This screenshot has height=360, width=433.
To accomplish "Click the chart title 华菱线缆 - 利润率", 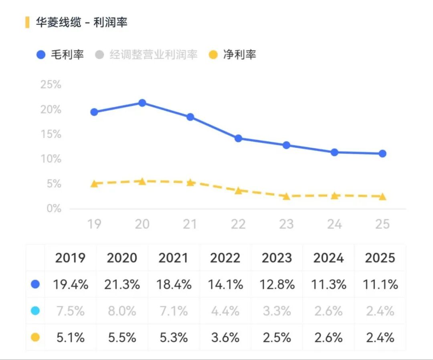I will click(81, 22).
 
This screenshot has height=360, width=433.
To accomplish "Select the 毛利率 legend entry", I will click(60, 55).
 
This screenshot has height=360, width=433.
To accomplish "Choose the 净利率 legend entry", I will click(233, 55).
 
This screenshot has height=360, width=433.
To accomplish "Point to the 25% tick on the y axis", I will click(51, 85).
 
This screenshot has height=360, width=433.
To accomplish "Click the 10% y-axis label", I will click(51, 159).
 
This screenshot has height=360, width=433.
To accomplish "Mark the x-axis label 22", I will click(238, 224).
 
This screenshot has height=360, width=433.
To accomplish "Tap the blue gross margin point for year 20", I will click(142, 103).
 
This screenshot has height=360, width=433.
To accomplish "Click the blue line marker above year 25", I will click(382, 153).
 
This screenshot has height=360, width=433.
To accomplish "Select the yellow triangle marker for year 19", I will click(94, 184).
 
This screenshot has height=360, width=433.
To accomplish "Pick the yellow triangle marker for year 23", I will click(286, 196).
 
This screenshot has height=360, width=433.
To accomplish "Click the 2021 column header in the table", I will click(174, 258).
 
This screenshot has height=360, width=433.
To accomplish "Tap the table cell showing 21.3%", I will click(122, 285).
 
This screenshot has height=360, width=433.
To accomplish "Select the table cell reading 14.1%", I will click(225, 285).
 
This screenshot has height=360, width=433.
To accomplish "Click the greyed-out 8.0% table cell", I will click(122, 311).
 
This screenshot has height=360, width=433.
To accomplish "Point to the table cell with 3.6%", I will click(225, 338).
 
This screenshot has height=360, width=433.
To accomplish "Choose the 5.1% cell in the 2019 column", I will click(70, 338).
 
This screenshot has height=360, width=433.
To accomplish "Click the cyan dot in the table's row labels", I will click(35, 311).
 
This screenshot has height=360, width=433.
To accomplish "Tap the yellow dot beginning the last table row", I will click(35, 338).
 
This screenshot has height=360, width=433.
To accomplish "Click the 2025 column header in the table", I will click(380, 258).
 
